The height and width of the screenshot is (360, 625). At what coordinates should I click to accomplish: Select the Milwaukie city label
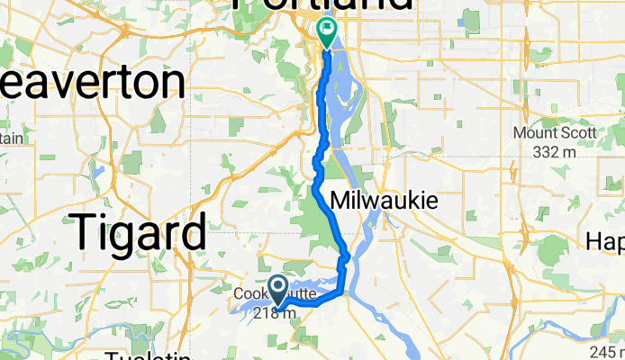click(x=385, y=200)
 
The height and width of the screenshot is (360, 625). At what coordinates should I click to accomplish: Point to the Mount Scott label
click(x=555, y=133)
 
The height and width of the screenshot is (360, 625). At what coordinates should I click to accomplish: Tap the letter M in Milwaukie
click(x=343, y=200)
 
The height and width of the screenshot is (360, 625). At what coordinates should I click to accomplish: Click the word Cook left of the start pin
click(x=249, y=293)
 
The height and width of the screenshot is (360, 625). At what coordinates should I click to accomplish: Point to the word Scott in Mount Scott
click(x=577, y=133)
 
